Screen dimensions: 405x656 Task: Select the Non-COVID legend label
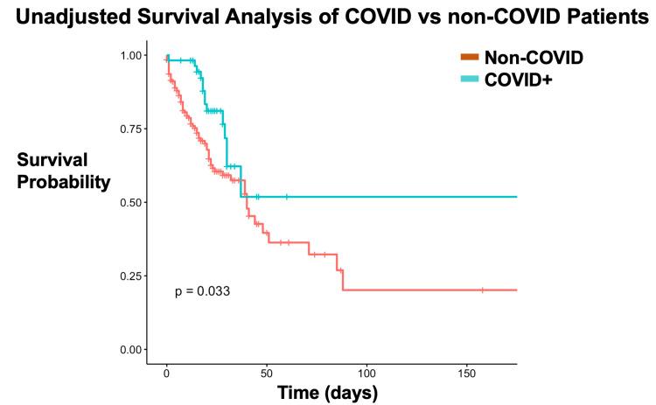pos(534,58)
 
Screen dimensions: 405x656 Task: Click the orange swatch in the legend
pos(470,58)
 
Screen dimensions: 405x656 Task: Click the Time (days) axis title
pos(328,393)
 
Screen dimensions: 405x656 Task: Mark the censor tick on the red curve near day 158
pos(482,290)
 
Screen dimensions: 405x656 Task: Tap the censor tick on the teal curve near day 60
pos(287,197)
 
